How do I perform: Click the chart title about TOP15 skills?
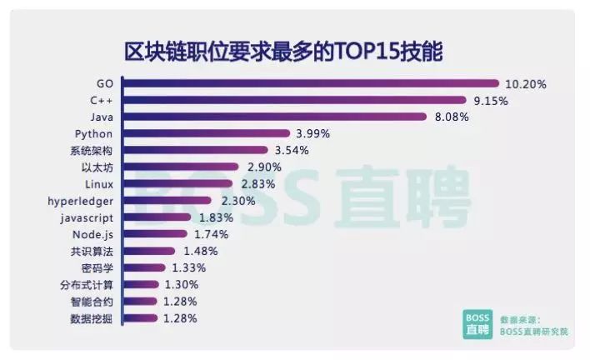pos(283,50)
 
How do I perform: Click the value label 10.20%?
pos(526,83)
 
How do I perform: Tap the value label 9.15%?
pos(491,100)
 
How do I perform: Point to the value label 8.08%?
pos(452,117)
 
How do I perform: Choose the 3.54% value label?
pos(292,150)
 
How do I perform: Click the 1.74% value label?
pos(211,234)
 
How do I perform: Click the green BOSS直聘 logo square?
pos(477,325)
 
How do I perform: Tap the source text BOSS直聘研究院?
pos(533,332)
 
